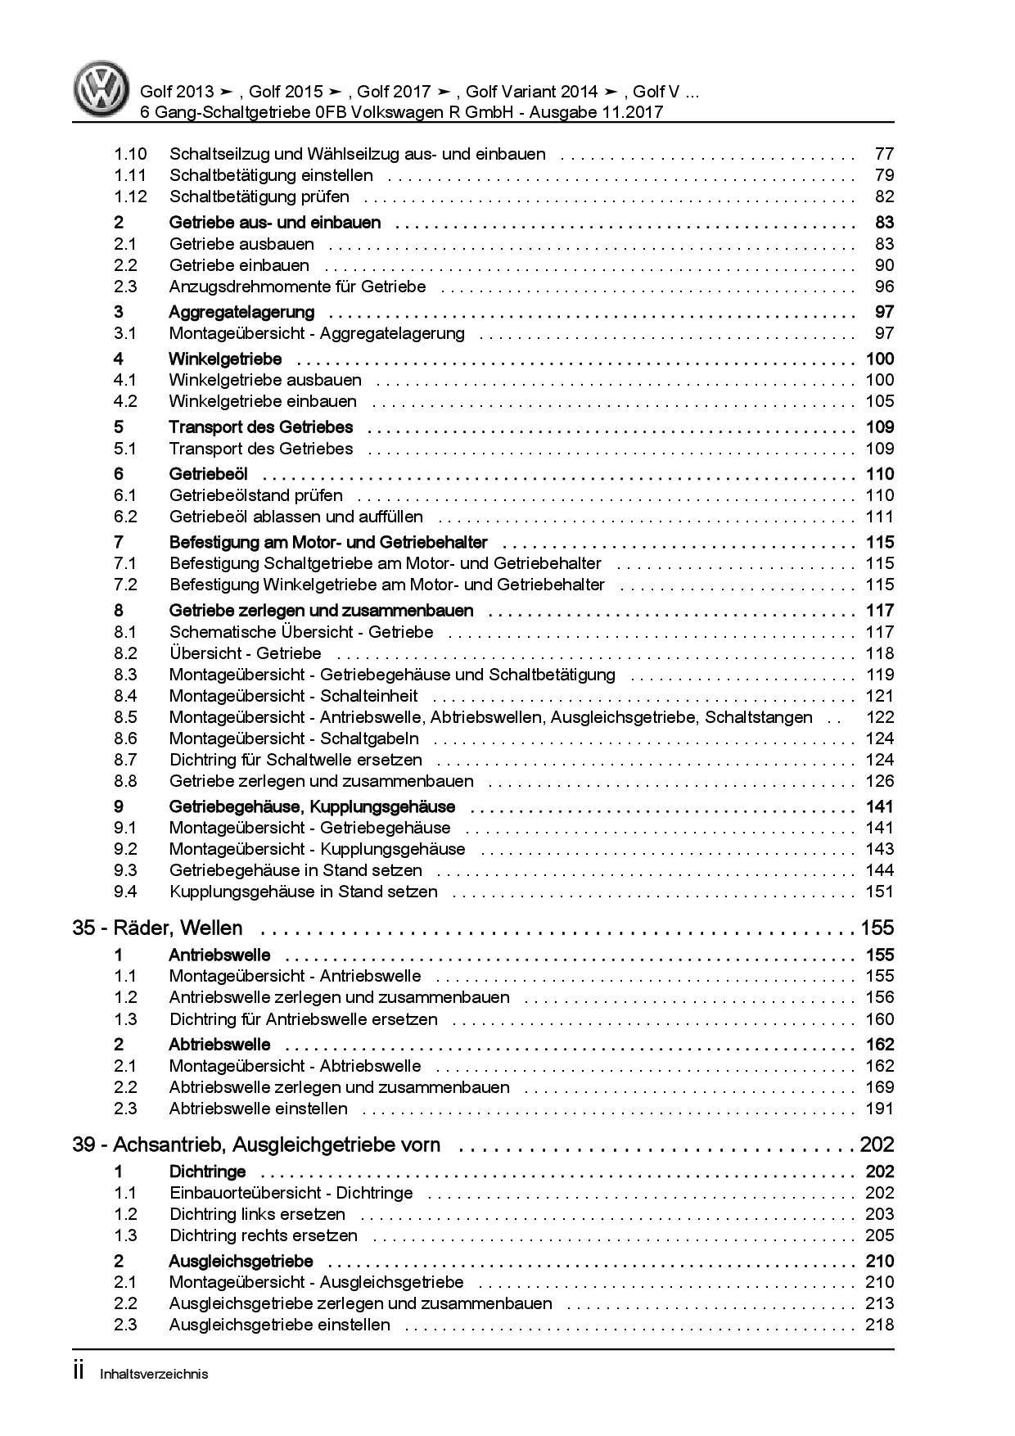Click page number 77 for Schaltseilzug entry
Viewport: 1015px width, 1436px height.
click(x=884, y=154)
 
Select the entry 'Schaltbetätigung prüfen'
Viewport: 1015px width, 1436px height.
click(x=259, y=196)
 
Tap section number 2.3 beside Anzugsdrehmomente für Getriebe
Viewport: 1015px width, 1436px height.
click(x=125, y=287)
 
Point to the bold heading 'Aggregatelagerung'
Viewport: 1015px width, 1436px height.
click(x=241, y=312)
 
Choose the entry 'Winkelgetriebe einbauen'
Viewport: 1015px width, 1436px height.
click(x=263, y=401)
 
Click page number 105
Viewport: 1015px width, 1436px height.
click(x=880, y=401)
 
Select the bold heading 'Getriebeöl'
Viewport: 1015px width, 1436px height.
click(x=208, y=474)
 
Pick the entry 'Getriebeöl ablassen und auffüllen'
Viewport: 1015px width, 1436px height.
click(x=295, y=517)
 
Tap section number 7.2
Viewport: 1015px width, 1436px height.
click(x=125, y=585)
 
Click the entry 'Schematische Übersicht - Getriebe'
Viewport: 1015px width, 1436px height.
click(x=301, y=632)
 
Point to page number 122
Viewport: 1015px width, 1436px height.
click(x=880, y=717)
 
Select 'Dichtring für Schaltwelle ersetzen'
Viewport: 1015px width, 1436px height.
click(x=295, y=760)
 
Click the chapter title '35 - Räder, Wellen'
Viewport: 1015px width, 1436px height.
click(x=158, y=928)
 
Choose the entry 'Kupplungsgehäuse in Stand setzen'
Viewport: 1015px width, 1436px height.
click(x=303, y=892)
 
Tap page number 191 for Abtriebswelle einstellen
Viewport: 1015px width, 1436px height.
click(x=880, y=1109)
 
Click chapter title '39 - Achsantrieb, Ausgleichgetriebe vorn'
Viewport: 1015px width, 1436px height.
click(x=256, y=1145)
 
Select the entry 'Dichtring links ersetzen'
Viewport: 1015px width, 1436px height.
click(x=257, y=1214)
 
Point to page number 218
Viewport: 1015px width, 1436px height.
click(x=880, y=1325)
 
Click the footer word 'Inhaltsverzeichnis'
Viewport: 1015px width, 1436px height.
click(x=153, y=1374)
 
